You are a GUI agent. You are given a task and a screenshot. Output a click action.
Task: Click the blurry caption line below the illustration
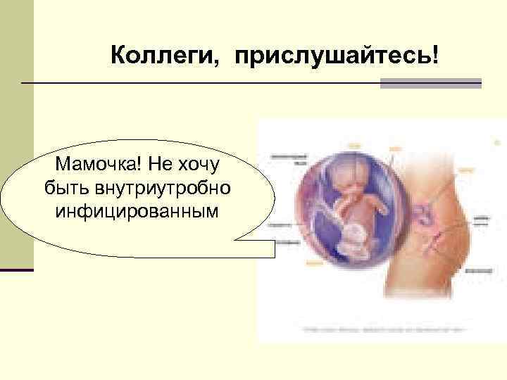384,329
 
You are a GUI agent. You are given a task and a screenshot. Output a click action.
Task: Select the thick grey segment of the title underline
430,83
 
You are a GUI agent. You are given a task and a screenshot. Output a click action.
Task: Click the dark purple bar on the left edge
16,270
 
